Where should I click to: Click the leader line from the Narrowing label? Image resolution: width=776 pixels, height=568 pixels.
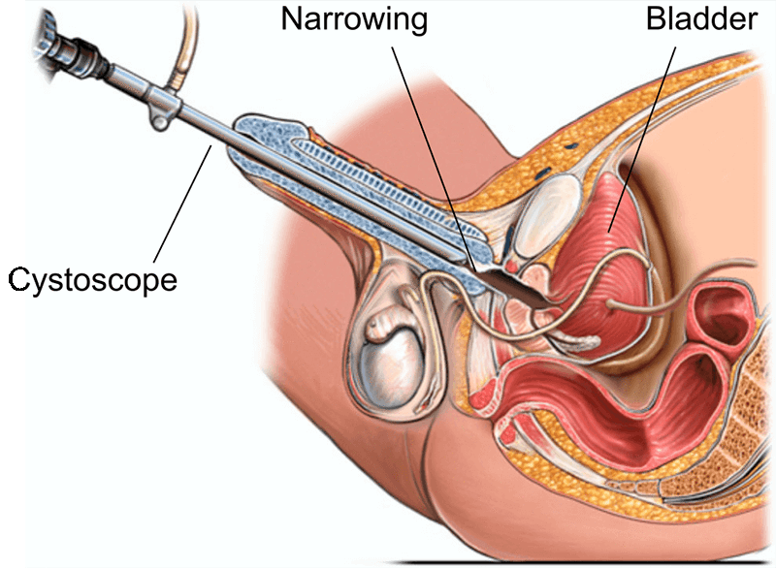pyautogui.click(x=431, y=145)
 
